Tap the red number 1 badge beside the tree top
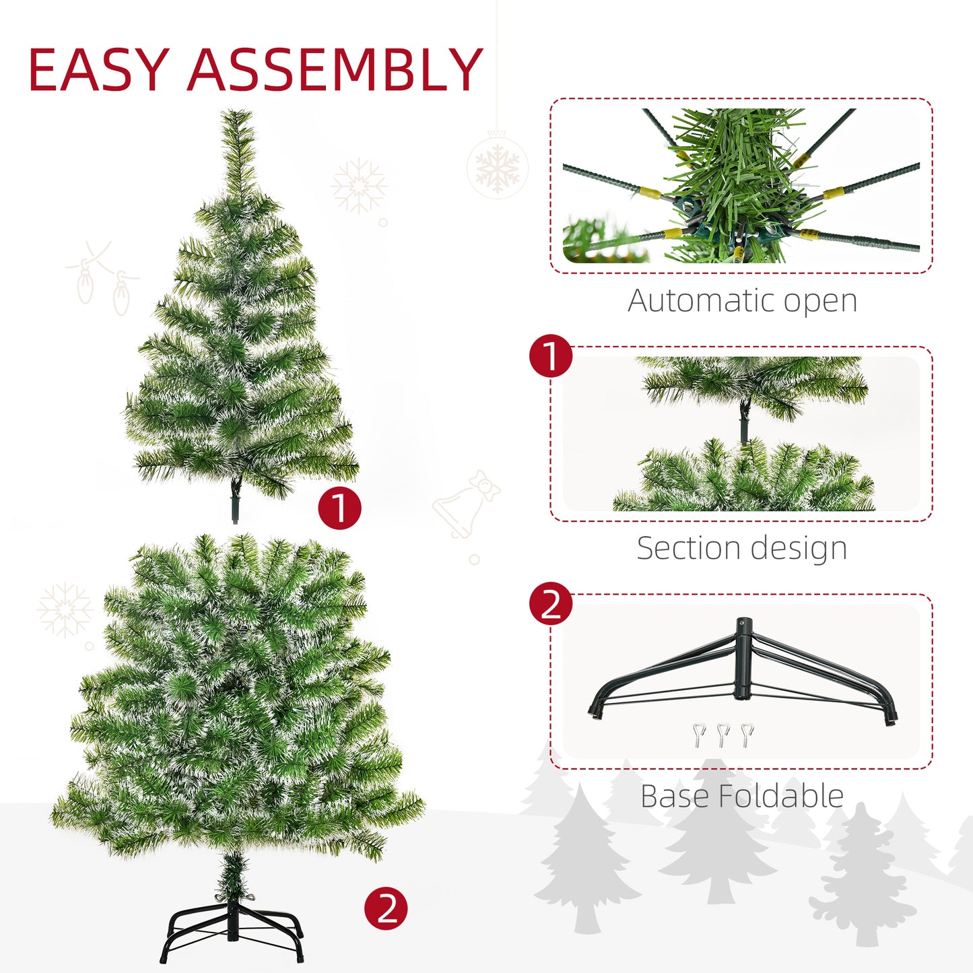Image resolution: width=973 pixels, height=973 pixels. point(339,508)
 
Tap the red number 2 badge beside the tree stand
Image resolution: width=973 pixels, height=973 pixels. point(386,908)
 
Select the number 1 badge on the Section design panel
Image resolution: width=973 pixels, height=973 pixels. point(551,356)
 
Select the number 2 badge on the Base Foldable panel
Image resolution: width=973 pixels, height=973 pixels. point(551,603)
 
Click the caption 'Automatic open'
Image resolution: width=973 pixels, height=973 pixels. point(742,301)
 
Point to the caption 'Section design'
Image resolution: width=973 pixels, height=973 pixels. point(741,548)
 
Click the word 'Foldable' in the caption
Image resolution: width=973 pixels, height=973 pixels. point(781,796)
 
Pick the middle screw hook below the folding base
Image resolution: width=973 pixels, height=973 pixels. point(724,735)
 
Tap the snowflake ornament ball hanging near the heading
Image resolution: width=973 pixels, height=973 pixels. point(498,168)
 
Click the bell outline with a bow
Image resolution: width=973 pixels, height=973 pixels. point(465,505)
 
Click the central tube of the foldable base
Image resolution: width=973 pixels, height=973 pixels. point(742,660)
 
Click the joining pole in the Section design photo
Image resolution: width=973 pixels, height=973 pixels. point(744,423)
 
